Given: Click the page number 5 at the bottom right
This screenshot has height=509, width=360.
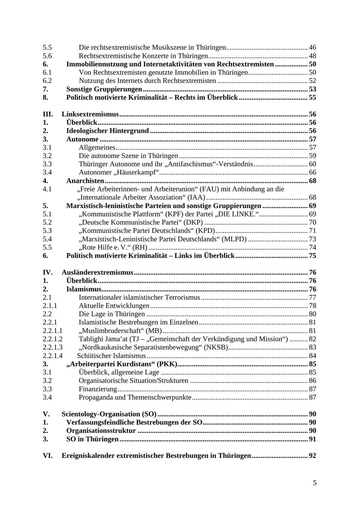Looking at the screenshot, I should point(314,483).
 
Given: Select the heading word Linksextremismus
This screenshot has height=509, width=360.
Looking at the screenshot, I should point(90,114).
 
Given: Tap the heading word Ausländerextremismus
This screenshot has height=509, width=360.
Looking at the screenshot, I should point(97,273).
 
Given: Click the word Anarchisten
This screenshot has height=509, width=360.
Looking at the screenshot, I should point(85,181).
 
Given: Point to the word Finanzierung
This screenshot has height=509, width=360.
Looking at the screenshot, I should point(98,389).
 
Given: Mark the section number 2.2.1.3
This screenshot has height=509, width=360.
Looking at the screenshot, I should point(53,347).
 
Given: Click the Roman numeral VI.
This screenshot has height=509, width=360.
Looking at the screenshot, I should point(48,456).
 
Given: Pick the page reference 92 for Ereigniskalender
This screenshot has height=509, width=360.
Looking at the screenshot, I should point(312,456).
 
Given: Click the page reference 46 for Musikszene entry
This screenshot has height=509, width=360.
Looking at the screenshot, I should point(312,48).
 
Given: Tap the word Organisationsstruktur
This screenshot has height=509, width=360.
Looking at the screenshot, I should point(101,431).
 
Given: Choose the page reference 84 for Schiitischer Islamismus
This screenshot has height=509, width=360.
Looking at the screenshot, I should point(312,356).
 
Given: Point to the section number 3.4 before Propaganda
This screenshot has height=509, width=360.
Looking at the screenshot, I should point(47,397).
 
